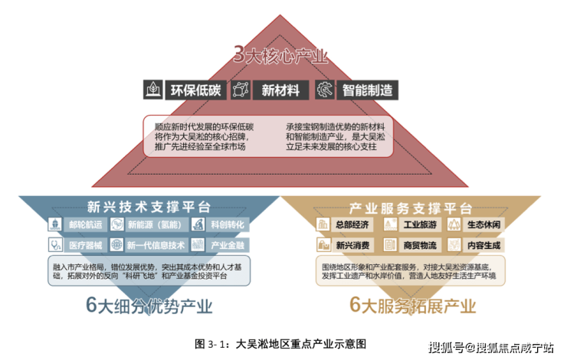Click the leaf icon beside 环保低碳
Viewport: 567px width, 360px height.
tap(153, 90)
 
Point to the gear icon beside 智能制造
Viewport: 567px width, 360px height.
tap(326, 90)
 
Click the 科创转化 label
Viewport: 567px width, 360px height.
tap(227, 225)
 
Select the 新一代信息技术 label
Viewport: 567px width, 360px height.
tap(156, 245)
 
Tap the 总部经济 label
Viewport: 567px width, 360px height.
tap(352, 224)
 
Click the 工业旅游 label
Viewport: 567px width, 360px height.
tap(419, 224)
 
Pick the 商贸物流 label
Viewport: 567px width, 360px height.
tap(419, 245)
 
